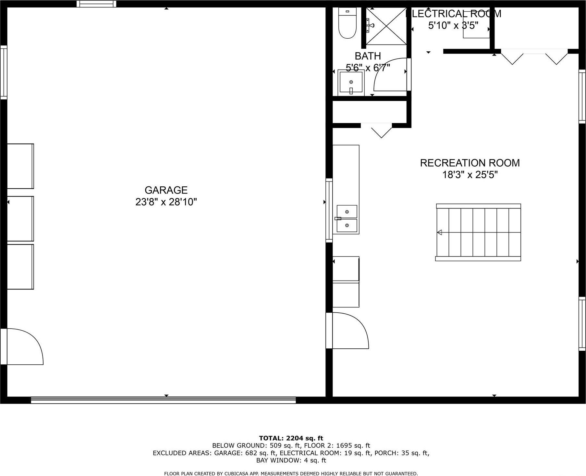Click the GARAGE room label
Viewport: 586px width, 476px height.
point(166,190)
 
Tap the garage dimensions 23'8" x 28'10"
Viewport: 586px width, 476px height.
point(166,202)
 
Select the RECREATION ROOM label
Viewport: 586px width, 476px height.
point(470,163)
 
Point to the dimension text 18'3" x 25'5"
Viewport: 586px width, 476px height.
point(470,175)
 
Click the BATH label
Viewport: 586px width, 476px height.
point(367,56)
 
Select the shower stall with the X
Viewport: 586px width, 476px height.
point(386,26)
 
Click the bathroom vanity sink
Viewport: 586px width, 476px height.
point(351,83)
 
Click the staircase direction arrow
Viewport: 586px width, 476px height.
point(440,232)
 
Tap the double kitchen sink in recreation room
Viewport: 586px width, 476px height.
point(347,219)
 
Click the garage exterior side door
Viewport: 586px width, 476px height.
point(23,346)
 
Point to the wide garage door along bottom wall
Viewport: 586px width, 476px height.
point(163,400)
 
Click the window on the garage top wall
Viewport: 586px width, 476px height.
point(96,4)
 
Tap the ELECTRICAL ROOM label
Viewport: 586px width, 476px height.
point(454,14)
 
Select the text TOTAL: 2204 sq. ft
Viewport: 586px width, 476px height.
point(291,438)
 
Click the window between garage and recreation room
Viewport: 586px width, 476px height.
point(329,210)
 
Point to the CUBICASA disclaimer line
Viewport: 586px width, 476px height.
point(291,473)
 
